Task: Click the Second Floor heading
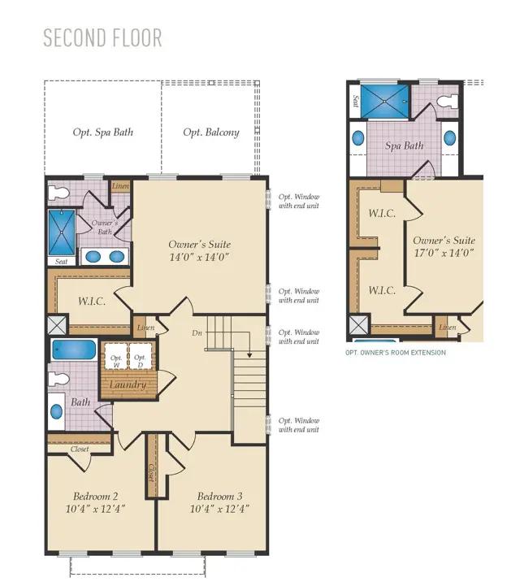click(x=102, y=37)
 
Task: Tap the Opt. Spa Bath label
click(x=103, y=132)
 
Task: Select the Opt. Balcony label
click(x=211, y=132)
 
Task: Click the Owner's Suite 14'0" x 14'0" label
click(x=200, y=250)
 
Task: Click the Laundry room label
click(x=128, y=384)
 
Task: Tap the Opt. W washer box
click(x=116, y=356)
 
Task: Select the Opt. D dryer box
click(x=140, y=356)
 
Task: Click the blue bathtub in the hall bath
click(x=74, y=349)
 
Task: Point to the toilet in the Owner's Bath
click(x=59, y=193)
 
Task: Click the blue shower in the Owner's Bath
click(x=62, y=232)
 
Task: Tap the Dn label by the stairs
click(x=197, y=332)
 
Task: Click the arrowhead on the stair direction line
click(x=249, y=354)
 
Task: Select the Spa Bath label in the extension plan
click(x=404, y=145)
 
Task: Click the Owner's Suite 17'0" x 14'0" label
click(x=444, y=246)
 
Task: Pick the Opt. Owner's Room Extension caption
click(x=396, y=353)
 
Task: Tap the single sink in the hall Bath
click(x=56, y=411)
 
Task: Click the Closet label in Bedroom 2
click(x=80, y=449)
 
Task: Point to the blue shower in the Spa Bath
click(x=385, y=102)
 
